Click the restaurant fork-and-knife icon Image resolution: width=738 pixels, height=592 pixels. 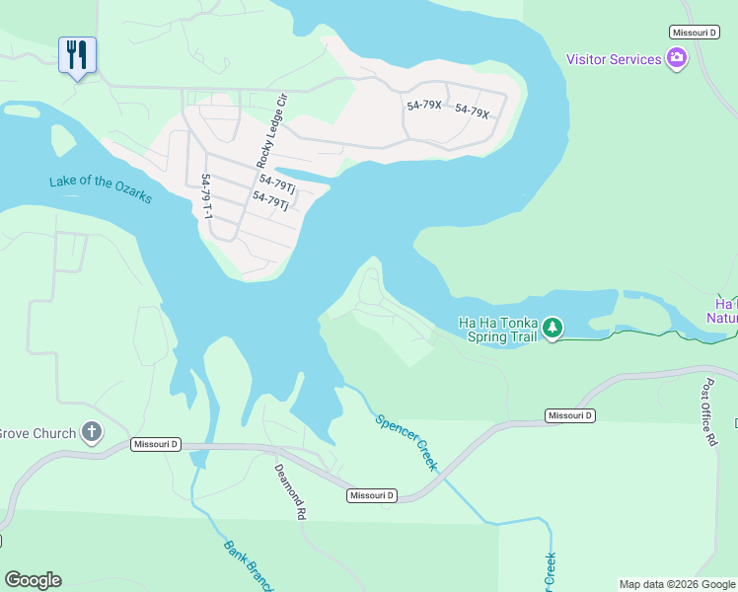pos(77,54)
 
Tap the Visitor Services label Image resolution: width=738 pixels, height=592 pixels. pos(613,59)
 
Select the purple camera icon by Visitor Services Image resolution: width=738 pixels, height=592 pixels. pos(677,59)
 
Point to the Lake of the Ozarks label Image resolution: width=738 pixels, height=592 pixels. pos(101,188)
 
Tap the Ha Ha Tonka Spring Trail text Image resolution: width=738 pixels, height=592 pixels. pos(497,329)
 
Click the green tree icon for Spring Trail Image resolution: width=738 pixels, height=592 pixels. pos(553,327)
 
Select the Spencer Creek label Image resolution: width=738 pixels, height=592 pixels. pos(406,442)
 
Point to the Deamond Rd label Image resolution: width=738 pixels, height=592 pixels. pos(290,491)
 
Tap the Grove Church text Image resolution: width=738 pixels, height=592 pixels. pos(37,433)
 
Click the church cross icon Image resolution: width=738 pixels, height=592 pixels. pos(92,432)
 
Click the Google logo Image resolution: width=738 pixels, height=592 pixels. pos(33,580)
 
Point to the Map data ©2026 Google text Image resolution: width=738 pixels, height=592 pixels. pos(676,584)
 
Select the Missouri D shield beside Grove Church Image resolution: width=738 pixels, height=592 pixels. pos(155,445)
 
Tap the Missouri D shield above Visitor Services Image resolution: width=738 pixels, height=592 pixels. pos(694,33)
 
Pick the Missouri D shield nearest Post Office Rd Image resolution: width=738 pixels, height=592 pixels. pos(570,415)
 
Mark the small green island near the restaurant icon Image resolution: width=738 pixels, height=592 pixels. pos(62,139)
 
